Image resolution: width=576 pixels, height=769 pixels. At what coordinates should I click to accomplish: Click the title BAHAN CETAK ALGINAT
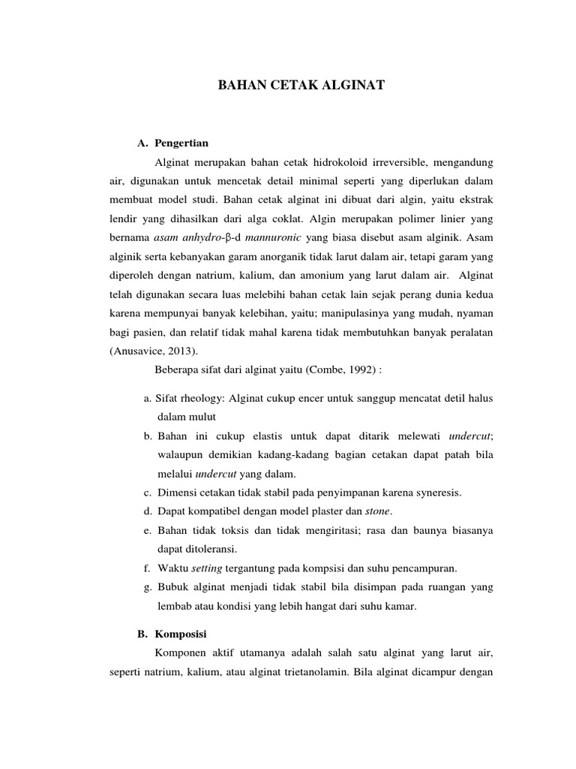pyautogui.click(x=301, y=86)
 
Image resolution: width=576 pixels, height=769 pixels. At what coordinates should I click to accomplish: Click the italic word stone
pyautogui.click(x=378, y=511)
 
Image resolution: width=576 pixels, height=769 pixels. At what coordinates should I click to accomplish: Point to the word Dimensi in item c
pyautogui.click(x=180, y=493)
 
